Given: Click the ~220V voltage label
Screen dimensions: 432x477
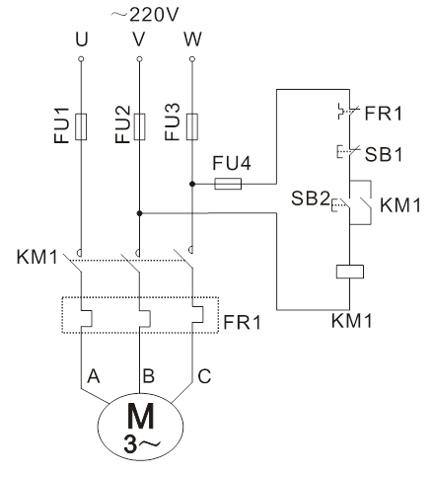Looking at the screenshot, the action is (144, 15).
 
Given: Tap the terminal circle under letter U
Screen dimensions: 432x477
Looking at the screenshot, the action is (81, 59).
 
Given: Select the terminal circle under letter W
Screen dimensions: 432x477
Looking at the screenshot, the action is (192, 59).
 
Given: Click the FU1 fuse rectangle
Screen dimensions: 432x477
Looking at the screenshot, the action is (81, 126).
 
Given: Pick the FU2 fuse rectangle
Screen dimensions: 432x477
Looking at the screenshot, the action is (139, 126).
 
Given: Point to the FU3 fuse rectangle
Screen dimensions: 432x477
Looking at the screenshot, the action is (192, 126).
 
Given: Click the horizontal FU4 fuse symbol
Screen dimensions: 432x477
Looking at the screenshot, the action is (228, 184).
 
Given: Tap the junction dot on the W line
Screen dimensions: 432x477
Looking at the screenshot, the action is (192, 184).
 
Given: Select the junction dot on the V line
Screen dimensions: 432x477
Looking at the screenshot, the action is (139, 213).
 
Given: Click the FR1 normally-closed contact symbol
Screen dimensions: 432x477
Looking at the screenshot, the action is (348, 112).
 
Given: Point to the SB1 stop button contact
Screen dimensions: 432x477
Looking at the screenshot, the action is (348, 151).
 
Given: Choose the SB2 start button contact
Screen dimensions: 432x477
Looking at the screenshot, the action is (342, 205).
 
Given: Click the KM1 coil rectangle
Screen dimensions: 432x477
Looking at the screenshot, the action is (350, 272).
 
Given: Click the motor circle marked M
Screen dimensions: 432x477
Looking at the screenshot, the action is (140, 427).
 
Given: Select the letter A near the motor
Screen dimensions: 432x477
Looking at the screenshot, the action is (94, 376).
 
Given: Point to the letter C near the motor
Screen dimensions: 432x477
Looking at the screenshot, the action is (204, 376).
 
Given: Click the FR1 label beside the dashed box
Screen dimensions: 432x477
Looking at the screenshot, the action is (243, 322).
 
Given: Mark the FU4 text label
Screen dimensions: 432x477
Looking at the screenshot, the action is (232, 163).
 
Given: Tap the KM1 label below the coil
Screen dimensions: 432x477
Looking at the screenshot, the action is (351, 321).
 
